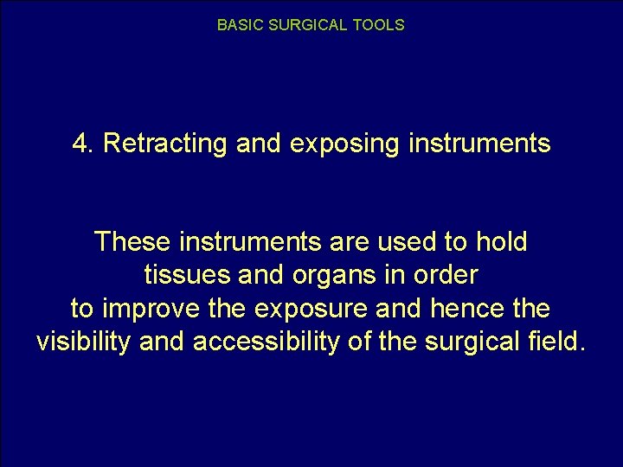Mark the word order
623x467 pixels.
446,275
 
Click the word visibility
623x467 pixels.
84,342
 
